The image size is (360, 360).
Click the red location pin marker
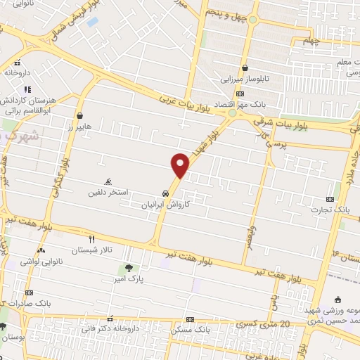pyautogui.click(x=181, y=165)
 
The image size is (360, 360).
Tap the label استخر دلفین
pyautogui.click(x=108, y=192)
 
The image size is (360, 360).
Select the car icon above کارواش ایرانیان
pyautogui.click(x=165, y=193)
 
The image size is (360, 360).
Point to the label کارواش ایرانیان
pyautogui.click(x=165, y=204)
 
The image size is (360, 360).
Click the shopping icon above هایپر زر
pyautogui.click(x=81, y=116)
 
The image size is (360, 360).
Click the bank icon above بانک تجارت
pyautogui.click(x=330, y=199)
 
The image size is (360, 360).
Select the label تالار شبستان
pyautogui.click(x=89, y=250)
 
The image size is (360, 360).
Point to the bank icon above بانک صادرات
pyautogui.click(x=29, y=292)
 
